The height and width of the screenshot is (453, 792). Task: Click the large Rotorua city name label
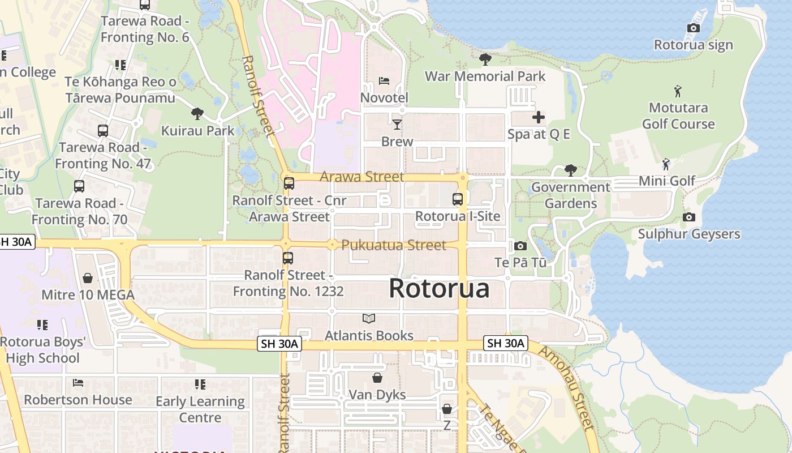pos(439,289)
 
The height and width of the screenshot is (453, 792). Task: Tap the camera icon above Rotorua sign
pos(693,28)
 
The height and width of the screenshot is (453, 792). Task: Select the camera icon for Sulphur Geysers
pos(688,217)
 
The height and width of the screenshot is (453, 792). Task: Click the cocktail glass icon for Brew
pos(397,124)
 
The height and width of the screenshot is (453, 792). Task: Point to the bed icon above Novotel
pos(384,80)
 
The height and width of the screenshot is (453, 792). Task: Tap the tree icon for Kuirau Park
pos(197,114)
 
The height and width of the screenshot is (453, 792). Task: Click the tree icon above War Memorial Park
pos(485,59)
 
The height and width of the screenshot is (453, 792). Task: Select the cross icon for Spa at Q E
pos(539,117)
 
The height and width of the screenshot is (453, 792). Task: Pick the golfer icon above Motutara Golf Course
pos(678,91)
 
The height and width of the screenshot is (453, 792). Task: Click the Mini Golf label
pos(667,181)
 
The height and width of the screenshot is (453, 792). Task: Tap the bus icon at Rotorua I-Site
pos(458,199)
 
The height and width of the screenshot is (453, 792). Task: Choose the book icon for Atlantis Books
pos(369,319)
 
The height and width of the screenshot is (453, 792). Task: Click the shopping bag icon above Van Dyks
pos(377,378)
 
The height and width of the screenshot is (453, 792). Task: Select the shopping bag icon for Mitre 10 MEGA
pos(88,278)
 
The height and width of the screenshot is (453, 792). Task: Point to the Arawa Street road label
pos(362,177)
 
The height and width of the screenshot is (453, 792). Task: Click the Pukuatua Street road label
pos(394,245)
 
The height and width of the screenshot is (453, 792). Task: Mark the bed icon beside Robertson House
pos(78,383)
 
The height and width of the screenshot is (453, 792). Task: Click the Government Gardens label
pos(571,195)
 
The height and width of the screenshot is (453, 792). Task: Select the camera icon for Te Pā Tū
pos(520,246)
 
